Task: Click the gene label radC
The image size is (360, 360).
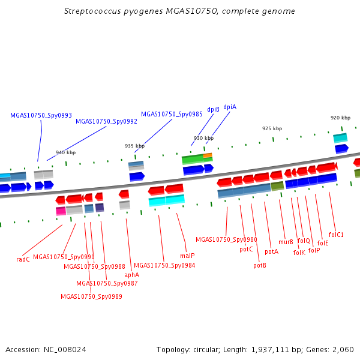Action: point(23,259)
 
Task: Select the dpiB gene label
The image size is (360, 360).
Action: point(213,110)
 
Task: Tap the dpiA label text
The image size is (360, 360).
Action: point(230,107)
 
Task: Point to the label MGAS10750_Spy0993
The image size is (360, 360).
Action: point(41,115)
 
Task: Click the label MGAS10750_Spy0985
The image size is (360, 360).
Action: point(172,114)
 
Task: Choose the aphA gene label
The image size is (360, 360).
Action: point(132,275)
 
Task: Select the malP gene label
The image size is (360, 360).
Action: point(187,256)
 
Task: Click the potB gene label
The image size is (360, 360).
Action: point(260,265)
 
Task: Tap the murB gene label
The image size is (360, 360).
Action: point(286,242)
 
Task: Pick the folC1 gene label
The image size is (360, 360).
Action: point(336,235)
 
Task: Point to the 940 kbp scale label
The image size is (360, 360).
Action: point(65,152)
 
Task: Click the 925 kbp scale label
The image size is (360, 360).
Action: point(272,128)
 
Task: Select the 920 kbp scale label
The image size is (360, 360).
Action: point(340,118)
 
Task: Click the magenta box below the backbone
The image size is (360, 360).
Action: point(61,211)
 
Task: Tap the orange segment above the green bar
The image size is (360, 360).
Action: point(208,155)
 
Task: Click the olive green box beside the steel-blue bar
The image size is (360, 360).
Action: point(277,187)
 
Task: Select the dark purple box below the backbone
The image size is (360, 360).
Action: point(100,208)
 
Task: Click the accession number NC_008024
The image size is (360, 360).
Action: point(65,350)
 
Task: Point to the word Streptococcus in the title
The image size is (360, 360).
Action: point(92,11)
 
